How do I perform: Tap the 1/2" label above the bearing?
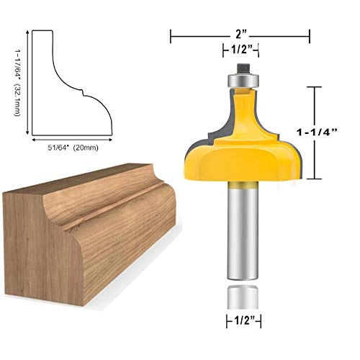(x=240, y=50)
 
